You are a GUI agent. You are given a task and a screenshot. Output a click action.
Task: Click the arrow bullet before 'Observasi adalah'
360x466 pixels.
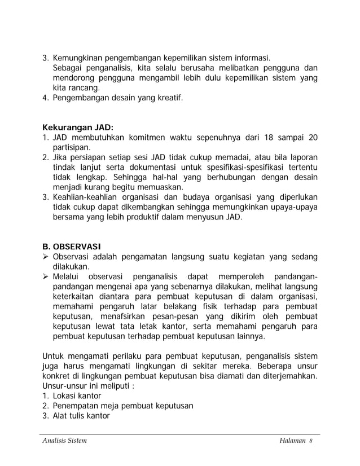(x=46, y=257)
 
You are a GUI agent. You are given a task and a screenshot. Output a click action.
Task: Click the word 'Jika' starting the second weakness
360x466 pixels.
(x=60, y=156)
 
